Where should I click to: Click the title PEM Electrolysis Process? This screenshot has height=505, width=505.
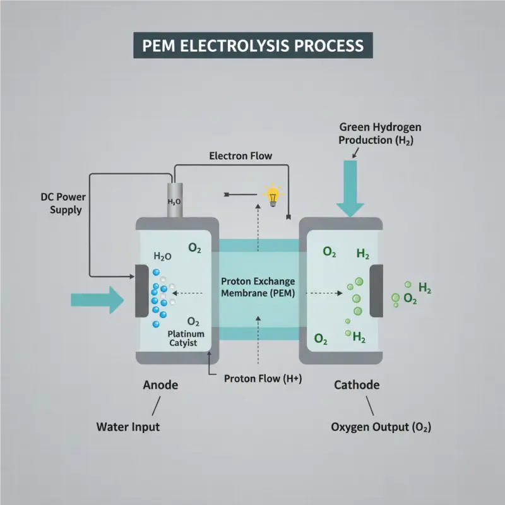[x=252, y=46]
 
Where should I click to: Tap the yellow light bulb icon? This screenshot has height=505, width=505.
[x=273, y=195]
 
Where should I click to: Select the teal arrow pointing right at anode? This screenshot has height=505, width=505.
[x=98, y=299]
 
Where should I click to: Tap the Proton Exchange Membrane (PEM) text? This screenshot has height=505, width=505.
[x=258, y=287]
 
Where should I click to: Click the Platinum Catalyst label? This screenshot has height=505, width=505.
[x=183, y=338]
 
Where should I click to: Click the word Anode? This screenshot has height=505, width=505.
[x=160, y=384]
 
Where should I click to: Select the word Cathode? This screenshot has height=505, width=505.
[x=356, y=384]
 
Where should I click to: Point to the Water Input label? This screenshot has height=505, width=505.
[x=128, y=427]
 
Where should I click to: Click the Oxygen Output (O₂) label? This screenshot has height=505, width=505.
[x=381, y=427]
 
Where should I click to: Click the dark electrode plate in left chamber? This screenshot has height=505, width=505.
[x=142, y=290]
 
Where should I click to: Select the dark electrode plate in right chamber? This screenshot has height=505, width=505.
[x=376, y=291]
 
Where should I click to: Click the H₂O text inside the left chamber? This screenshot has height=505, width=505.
[x=163, y=256]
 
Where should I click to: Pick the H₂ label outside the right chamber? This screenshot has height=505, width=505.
[x=425, y=288]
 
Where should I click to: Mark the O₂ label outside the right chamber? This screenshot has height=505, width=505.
[x=410, y=299]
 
